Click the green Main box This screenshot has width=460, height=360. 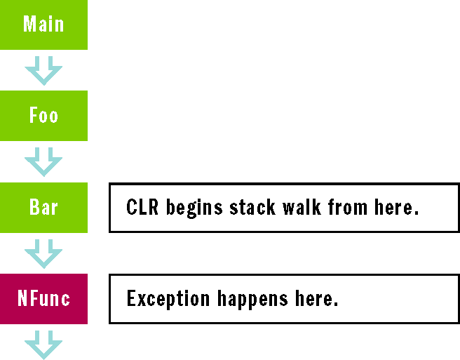[43, 25]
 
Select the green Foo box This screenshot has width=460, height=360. [43, 116]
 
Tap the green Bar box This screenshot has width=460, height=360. [43, 207]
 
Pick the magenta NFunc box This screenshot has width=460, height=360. [43, 299]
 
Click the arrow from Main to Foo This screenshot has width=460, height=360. [43, 71]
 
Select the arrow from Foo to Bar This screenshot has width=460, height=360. [43, 162]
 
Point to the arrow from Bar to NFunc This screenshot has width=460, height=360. [43, 253]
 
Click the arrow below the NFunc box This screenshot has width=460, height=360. [43, 346]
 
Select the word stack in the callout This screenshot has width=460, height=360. [251, 208]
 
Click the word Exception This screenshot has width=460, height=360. [168, 300]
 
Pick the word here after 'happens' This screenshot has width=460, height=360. [316, 300]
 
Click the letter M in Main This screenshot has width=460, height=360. [29, 25]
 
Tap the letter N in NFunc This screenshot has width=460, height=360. [22, 299]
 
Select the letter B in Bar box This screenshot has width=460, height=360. [34, 207]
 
